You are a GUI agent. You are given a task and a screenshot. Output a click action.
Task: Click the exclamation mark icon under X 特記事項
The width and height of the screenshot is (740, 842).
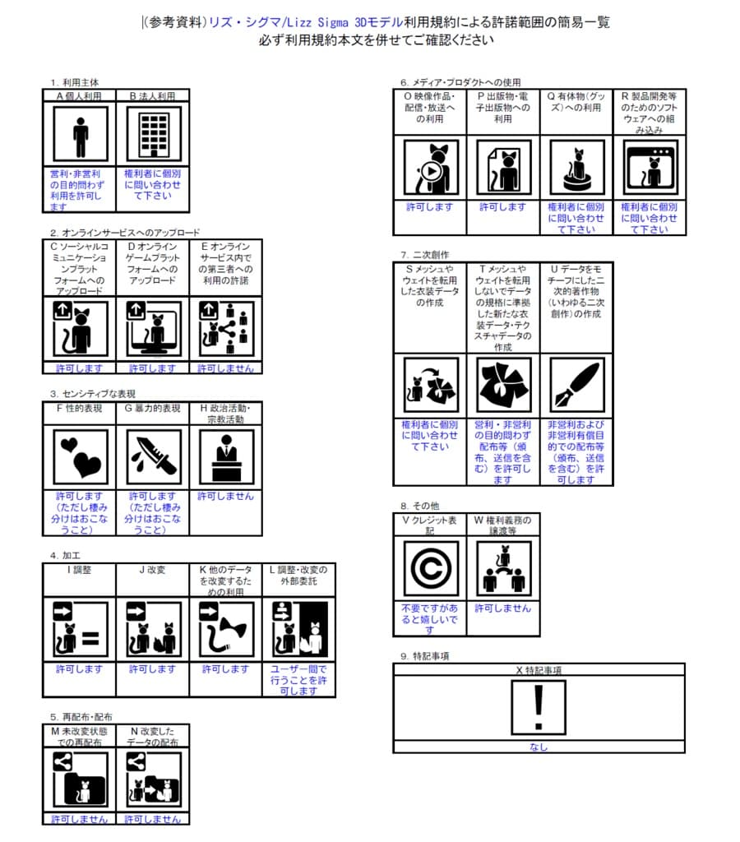coord(539,706)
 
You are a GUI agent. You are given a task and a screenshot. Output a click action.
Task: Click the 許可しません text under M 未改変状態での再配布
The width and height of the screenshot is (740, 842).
coord(79,819)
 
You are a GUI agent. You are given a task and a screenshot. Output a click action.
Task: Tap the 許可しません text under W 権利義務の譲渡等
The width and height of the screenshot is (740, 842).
coord(502,608)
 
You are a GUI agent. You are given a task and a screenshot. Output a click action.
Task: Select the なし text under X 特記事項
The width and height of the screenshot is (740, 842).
coord(539,747)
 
